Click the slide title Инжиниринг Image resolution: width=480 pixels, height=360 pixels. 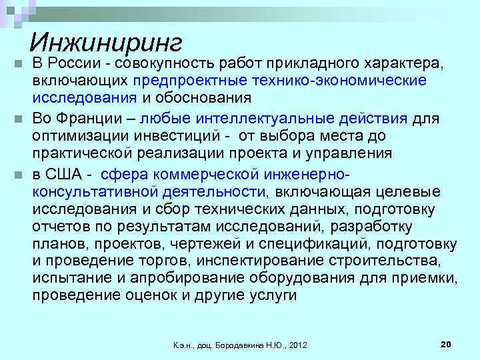[106, 43]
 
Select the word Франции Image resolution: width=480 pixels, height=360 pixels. [89, 119]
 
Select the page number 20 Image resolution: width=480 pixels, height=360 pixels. [446, 343]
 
